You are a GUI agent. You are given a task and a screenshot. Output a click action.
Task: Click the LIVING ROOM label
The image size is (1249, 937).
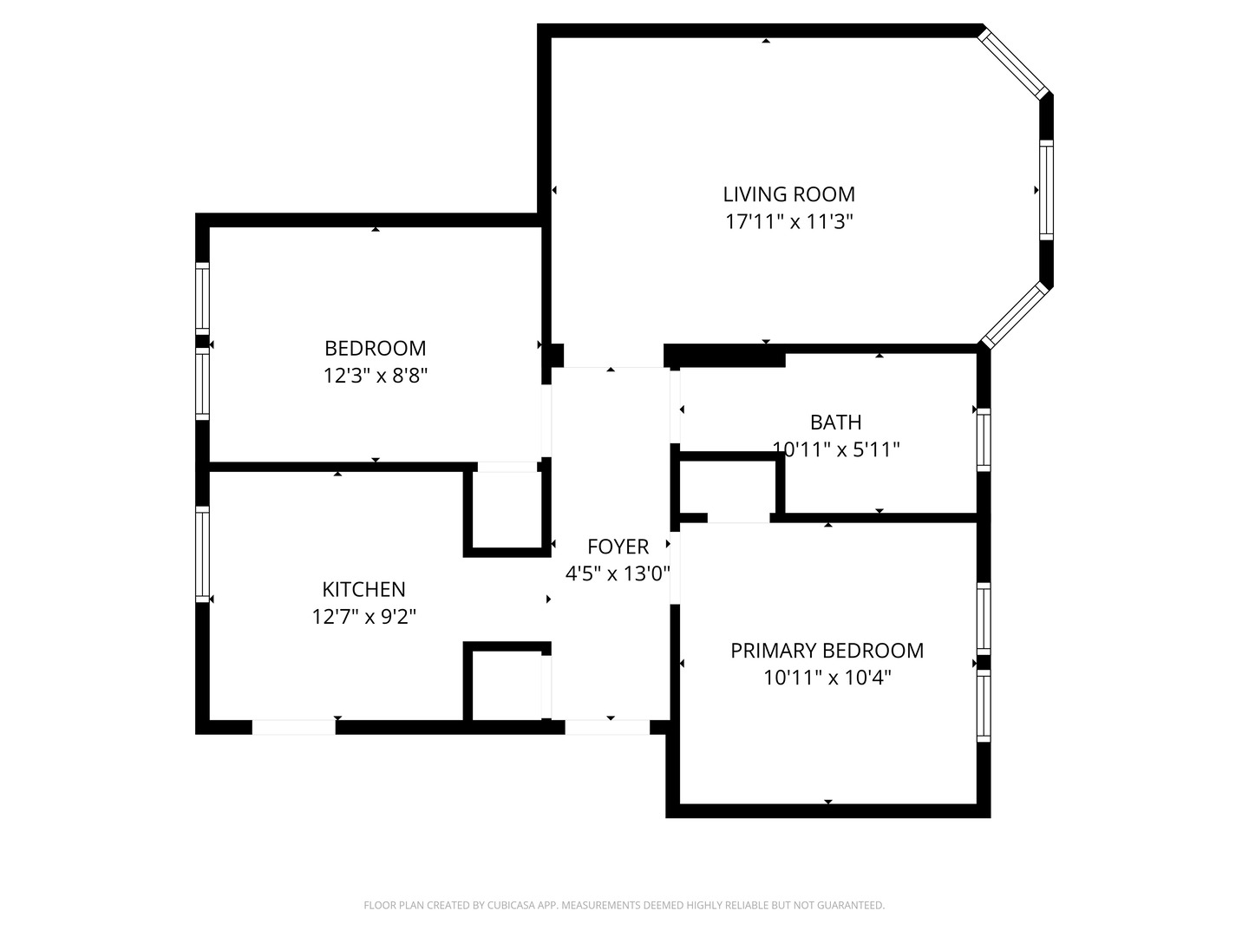click(788, 194)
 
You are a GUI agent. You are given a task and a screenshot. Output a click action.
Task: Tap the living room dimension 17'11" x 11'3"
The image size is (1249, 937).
click(788, 222)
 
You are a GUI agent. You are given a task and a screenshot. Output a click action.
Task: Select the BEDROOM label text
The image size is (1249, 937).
click(375, 349)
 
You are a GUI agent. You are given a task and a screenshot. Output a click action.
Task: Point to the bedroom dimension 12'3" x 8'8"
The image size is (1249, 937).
click(375, 377)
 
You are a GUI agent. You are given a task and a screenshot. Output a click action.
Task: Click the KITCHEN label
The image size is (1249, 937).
click(363, 590)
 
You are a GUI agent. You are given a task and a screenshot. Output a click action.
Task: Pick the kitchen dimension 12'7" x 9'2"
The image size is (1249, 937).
click(363, 617)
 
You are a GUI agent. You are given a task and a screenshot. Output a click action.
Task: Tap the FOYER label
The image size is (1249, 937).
click(618, 547)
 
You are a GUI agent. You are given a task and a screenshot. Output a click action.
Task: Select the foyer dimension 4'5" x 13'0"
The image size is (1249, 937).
click(618, 573)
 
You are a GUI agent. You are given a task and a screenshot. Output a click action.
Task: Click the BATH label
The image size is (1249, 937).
click(835, 423)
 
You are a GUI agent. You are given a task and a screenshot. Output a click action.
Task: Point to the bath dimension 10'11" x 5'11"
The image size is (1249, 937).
click(835, 449)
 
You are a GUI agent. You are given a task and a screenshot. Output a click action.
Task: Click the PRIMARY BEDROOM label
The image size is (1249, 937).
click(827, 651)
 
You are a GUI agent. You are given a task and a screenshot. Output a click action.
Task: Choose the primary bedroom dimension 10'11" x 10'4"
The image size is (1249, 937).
click(827, 678)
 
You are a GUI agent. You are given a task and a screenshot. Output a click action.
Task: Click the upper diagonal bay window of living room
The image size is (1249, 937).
click(1014, 62)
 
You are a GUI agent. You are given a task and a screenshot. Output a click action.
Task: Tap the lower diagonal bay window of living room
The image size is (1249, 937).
click(1014, 314)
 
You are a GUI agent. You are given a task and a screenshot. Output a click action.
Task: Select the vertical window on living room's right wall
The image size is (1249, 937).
click(1046, 190)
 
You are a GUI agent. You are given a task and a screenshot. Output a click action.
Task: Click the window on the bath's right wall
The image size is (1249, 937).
click(983, 440)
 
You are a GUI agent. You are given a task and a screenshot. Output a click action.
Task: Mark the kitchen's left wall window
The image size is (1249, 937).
click(202, 554)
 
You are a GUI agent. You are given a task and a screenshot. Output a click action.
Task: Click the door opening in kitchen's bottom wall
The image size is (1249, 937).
click(293, 727)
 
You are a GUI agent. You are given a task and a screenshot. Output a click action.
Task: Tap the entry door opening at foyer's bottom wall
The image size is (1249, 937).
click(607, 727)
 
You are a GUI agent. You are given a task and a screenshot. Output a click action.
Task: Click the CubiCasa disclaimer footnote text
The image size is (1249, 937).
click(624, 906)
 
